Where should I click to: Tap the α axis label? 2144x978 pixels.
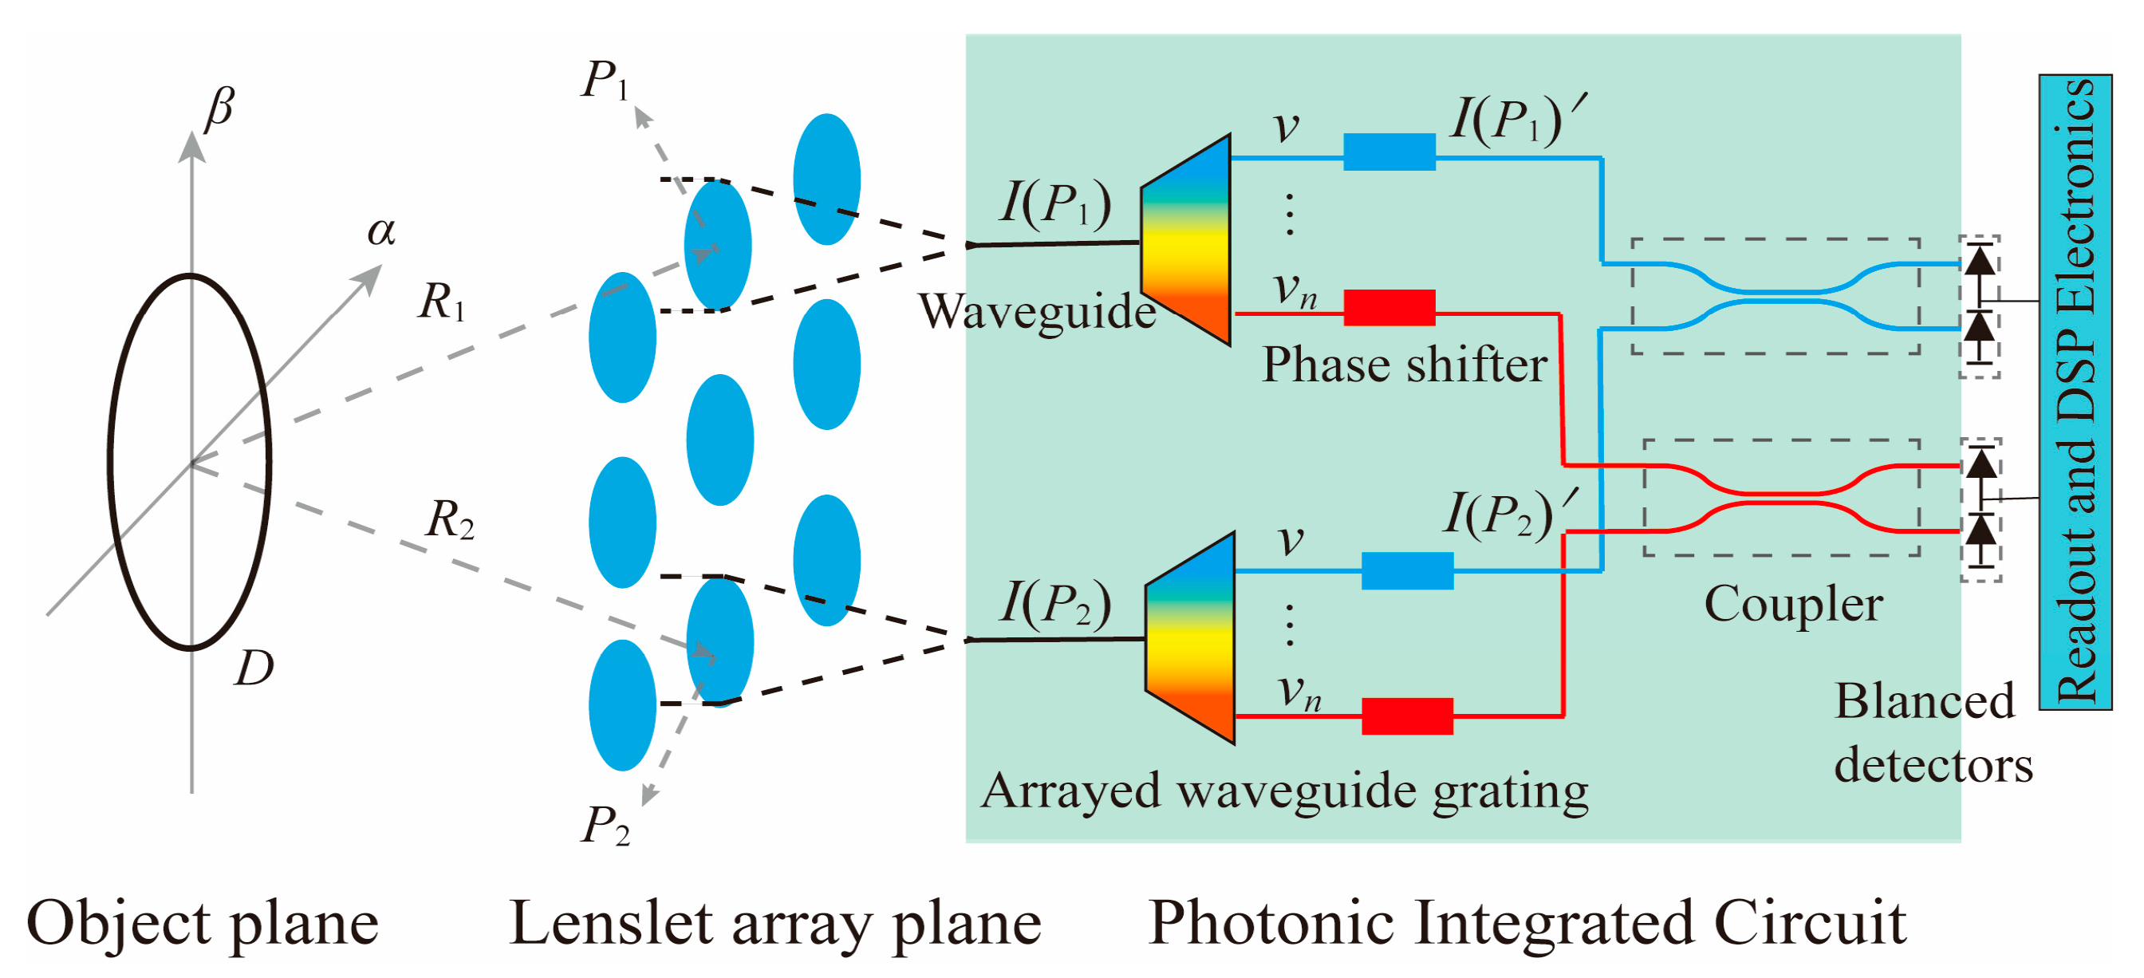point(381,231)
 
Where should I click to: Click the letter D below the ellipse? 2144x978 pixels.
point(254,668)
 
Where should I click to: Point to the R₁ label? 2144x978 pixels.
point(442,302)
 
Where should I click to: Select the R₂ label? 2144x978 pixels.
point(449,520)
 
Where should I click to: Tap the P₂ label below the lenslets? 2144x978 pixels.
point(605,826)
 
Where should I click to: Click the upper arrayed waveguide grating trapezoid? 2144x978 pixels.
point(1186,240)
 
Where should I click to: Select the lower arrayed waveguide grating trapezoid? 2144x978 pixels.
point(1190,638)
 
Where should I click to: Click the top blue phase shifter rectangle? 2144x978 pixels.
point(1389,152)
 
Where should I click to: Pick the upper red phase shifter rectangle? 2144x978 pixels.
point(1389,307)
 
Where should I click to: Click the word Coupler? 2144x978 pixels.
point(1794,605)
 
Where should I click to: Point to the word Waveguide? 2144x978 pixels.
point(1037,312)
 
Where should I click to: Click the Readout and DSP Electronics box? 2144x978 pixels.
point(2075,391)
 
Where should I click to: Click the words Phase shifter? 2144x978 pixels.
point(1404,365)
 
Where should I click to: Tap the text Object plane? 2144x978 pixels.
point(203,924)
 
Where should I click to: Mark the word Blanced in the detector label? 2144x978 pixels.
point(1925,701)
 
